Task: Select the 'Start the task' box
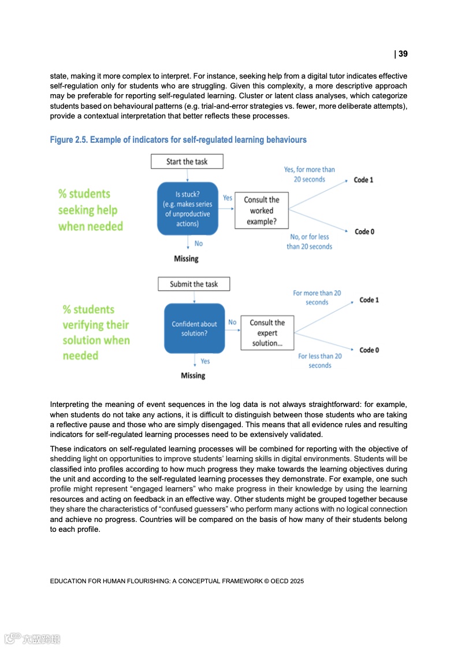pyautogui.click(x=187, y=161)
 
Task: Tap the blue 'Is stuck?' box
pyautogui.click(x=187, y=208)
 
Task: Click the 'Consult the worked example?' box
pyautogui.click(x=261, y=211)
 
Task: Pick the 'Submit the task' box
pyautogui.click(x=194, y=284)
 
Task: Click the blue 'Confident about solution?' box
pyautogui.click(x=194, y=328)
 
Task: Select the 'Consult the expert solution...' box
pyautogui.click(x=267, y=333)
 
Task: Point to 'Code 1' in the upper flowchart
pyautogui.click(x=363, y=180)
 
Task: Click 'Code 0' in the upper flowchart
pyautogui.click(x=364, y=232)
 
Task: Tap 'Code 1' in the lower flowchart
pyautogui.click(x=369, y=300)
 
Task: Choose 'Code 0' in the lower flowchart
pyautogui.click(x=369, y=350)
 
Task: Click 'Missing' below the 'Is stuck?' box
pyautogui.click(x=186, y=259)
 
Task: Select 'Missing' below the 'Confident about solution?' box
pyautogui.click(x=193, y=376)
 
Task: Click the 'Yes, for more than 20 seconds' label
pyautogui.click(x=309, y=174)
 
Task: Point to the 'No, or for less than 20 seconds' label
pyautogui.click(x=309, y=242)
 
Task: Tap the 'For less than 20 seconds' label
pyautogui.click(x=319, y=361)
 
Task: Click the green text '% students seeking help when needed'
pyautogui.click(x=90, y=210)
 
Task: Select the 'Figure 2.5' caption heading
pyautogui.click(x=178, y=140)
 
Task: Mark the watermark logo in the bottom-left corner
pyautogui.click(x=32, y=639)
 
